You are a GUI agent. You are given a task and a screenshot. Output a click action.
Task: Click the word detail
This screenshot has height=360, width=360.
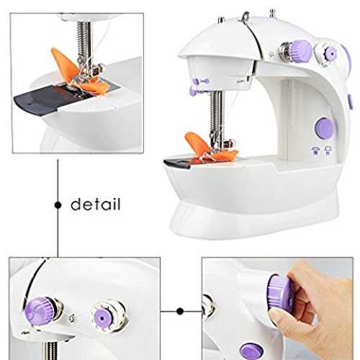96,204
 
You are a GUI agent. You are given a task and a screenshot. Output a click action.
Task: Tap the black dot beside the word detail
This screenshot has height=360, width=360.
58,205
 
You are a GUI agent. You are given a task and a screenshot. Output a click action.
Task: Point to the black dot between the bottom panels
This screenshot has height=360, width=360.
180,311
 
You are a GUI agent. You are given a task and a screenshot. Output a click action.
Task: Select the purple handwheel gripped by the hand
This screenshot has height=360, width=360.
280,294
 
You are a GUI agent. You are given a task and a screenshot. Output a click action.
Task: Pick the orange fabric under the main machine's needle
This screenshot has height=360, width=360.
210,148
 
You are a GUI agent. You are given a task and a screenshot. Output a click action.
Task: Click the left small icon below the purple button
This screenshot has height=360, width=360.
315,150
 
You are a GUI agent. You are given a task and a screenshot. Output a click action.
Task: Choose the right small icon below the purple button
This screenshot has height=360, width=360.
328,150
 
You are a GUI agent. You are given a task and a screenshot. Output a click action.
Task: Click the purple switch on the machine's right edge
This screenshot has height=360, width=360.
349,103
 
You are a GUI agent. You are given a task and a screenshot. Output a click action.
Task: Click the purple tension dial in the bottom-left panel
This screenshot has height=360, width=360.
37,309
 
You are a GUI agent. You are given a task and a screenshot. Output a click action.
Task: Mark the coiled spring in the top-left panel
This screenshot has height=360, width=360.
84,41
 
